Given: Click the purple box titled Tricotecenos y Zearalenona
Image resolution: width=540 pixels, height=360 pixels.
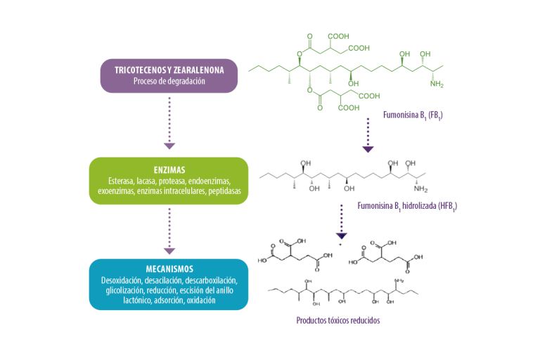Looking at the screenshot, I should (169, 75).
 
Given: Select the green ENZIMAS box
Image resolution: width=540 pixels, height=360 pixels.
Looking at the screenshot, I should (169, 181).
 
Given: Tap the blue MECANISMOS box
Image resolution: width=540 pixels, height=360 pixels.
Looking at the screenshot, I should (169, 284).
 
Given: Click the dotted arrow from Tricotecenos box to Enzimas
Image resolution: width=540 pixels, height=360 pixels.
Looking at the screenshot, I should (169, 123).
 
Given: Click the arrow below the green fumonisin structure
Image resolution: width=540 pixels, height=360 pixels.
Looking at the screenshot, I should (368, 136).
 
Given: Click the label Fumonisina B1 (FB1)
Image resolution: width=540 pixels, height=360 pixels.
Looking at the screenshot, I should (413, 115).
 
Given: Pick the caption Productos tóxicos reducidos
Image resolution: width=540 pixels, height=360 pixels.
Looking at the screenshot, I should (338, 321).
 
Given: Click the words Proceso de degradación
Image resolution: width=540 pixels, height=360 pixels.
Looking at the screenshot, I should (169, 81).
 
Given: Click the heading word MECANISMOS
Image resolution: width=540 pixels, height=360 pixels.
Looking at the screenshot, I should (169, 269).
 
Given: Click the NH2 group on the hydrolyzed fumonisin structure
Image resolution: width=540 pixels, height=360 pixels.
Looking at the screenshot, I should (421, 188).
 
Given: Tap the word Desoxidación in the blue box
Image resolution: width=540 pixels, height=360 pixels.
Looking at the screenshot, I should (122, 281).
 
